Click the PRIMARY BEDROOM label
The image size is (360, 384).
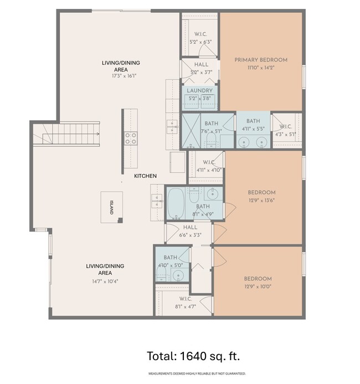pos(261,60)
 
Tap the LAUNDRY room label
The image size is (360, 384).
pos(199,90)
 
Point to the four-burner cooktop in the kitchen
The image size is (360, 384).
pos(131,138)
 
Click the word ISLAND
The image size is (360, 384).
pos(111,207)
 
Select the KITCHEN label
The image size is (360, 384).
pos(145,176)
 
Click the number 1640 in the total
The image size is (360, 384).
pos(193,355)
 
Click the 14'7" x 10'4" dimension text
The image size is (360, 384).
pos(105,280)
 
